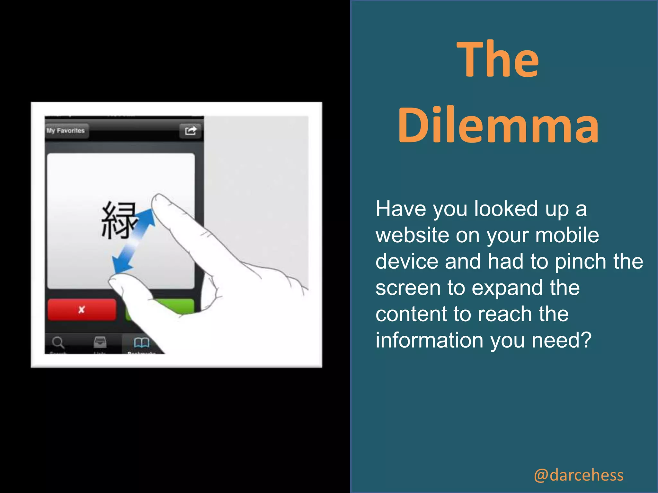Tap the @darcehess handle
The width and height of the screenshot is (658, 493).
[578, 475]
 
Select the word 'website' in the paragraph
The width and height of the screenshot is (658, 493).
[412, 235]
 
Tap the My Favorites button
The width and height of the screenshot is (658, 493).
[66, 131]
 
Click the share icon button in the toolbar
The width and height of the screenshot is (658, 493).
[191, 131]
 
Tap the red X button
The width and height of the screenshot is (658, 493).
[82, 309]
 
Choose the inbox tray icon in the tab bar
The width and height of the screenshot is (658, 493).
[100, 342]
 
